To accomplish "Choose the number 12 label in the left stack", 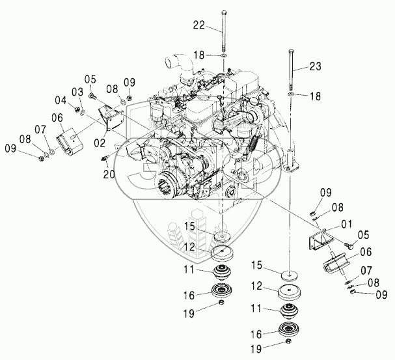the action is coord(189,247).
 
